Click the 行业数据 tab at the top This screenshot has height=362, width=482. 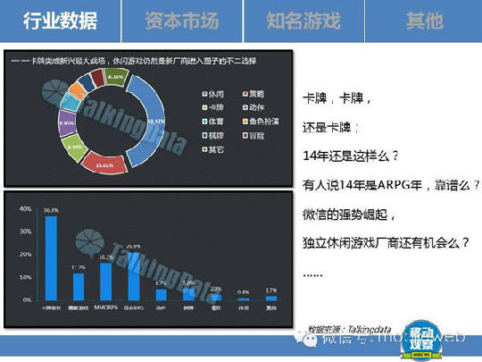coord(60,21)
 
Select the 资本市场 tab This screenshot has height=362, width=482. coord(180,21)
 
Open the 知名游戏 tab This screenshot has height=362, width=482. coord(301,21)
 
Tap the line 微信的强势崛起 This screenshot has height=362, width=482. coord(347,215)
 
